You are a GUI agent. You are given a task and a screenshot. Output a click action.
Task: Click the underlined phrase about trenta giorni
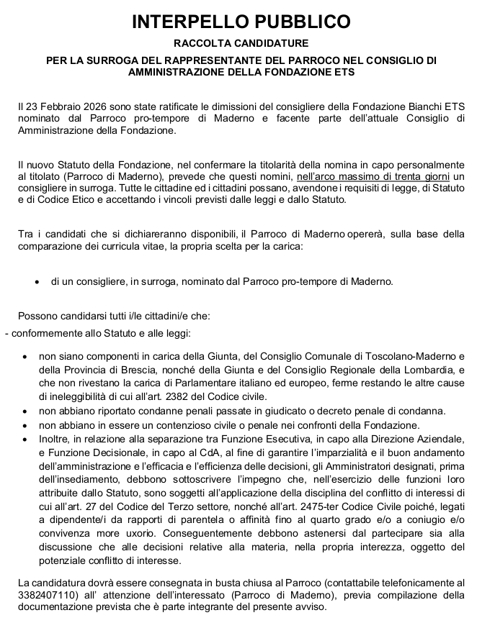pyautogui.click(x=370, y=176)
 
